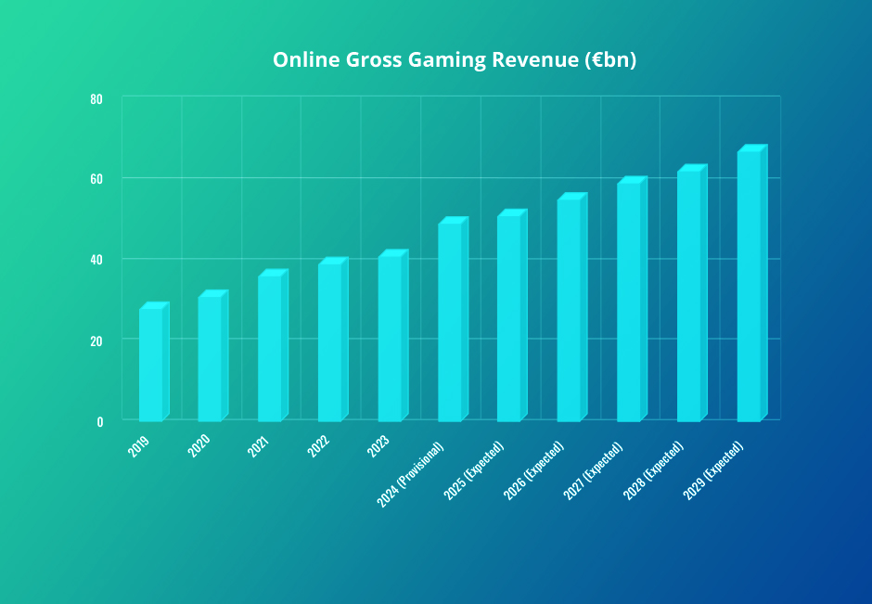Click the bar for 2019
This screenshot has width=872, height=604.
151,364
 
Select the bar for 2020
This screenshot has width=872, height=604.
211,358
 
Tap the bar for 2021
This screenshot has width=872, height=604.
270,348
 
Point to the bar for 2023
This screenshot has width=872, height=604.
390,338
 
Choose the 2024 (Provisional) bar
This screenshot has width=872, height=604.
450,322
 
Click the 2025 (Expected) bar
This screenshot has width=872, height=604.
509,318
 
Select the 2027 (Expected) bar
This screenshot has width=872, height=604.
629,302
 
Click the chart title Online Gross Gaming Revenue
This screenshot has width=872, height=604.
454,59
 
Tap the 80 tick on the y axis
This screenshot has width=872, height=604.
96,98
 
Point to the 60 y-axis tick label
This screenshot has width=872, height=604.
96,178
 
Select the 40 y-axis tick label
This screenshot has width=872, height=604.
96,259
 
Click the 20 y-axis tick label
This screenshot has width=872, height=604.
96,340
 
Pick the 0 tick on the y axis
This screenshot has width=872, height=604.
99,420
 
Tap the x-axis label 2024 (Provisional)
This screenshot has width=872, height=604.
411,473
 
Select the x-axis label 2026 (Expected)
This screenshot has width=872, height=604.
532,472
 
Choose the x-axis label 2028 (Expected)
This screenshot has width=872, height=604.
653,471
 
